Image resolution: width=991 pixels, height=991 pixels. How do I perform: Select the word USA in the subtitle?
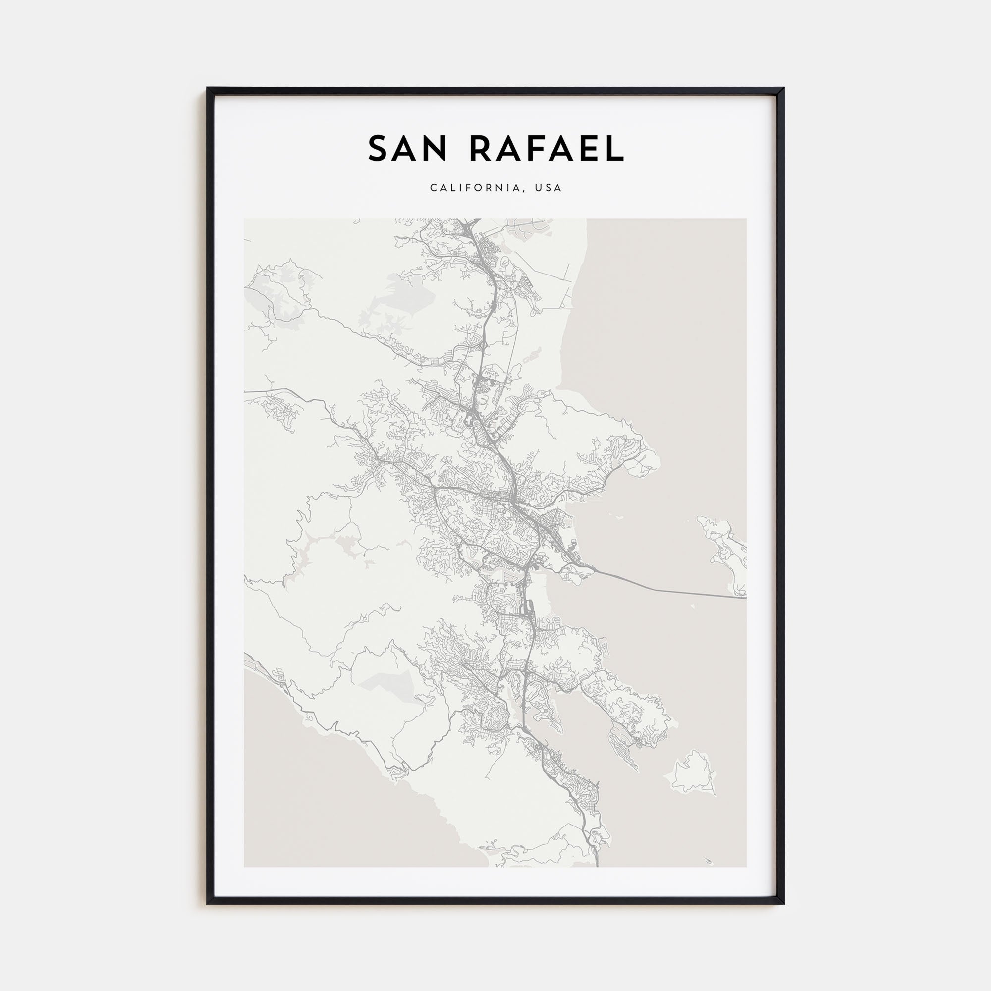pos(549,188)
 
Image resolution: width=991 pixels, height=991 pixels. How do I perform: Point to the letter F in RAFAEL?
pos(535,149)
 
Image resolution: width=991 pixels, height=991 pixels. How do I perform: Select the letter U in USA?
pos(538,188)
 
